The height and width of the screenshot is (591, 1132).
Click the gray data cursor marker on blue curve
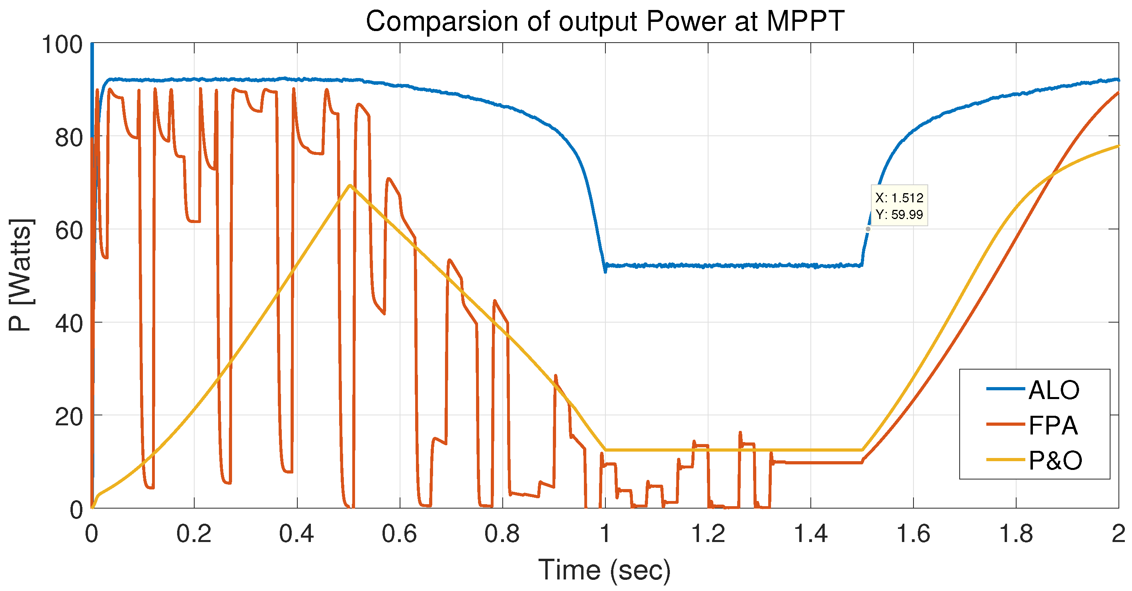click(868, 229)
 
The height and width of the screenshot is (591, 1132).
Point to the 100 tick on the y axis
click(62, 45)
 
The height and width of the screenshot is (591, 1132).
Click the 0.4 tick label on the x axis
click(297, 534)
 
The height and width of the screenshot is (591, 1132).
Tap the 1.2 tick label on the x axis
click(708, 534)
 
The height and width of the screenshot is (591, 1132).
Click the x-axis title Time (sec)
click(604, 570)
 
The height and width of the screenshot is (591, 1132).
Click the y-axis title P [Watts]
click(20, 275)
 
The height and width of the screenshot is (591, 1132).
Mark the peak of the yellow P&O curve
click(350, 185)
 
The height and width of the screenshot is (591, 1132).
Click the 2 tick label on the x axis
click(1118, 534)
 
